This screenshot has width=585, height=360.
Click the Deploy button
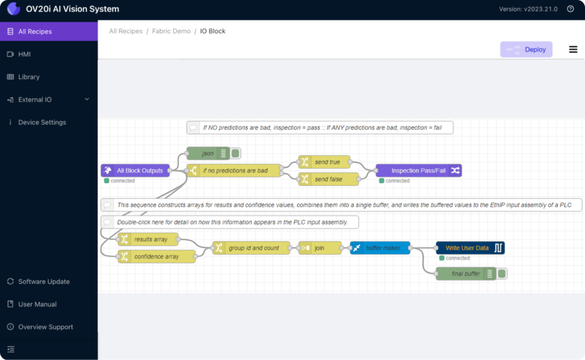point(526,50)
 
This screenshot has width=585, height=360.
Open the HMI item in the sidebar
point(24,54)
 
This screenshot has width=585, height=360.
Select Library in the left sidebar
point(29,77)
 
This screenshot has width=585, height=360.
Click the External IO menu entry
point(35,99)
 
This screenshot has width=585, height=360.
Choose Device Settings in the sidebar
point(42,122)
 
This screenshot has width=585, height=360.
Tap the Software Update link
point(43,282)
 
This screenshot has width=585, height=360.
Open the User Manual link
point(37,305)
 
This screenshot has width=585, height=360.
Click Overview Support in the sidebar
point(46,327)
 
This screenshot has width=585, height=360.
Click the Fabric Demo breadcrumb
point(171,31)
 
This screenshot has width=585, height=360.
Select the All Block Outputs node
point(135,170)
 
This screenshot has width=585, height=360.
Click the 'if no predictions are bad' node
point(234,170)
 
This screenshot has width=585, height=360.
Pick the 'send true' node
point(324,162)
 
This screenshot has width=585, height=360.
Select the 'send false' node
point(328,179)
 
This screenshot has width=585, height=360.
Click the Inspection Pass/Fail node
point(419,170)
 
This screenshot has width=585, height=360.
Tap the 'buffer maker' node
point(380,247)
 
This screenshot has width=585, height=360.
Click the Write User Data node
point(470,247)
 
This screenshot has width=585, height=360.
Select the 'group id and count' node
point(251,247)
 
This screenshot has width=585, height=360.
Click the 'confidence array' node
point(157,257)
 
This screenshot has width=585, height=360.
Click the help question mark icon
point(571,9)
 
